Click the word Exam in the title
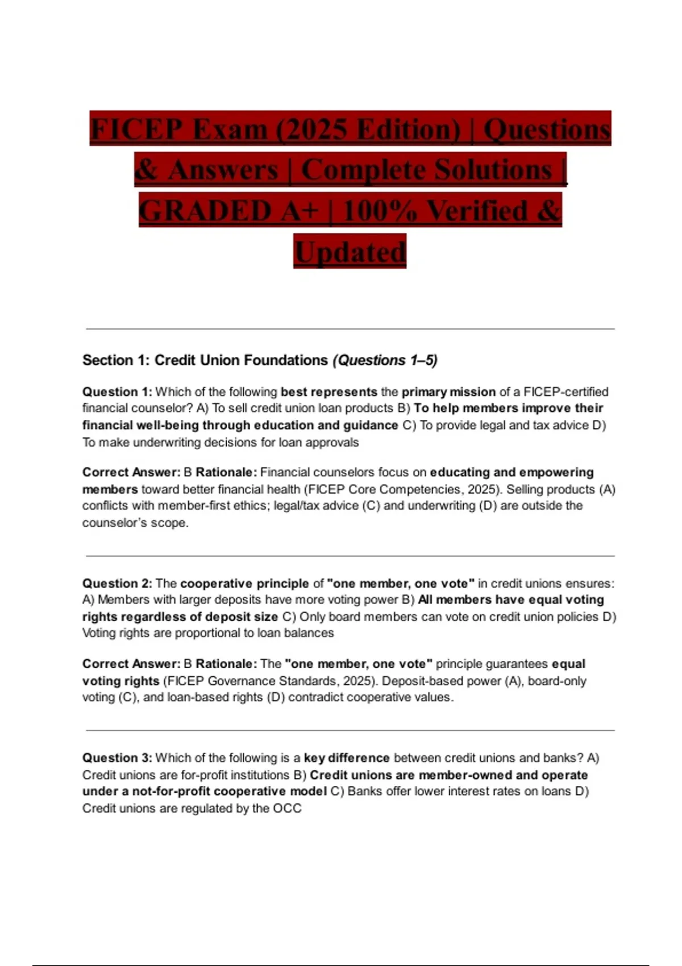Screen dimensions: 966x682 click(x=230, y=129)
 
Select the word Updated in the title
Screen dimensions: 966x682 click(x=350, y=252)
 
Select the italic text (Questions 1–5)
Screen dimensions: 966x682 click(x=385, y=360)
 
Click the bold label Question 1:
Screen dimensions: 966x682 click(x=117, y=392)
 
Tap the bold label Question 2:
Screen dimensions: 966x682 click(x=117, y=584)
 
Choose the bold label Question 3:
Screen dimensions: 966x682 click(x=117, y=758)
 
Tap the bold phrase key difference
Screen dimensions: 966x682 click(x=347, y=758)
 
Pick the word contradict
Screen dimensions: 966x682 click(x=314, y=697)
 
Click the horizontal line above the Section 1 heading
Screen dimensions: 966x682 click(x=350, y=329)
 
